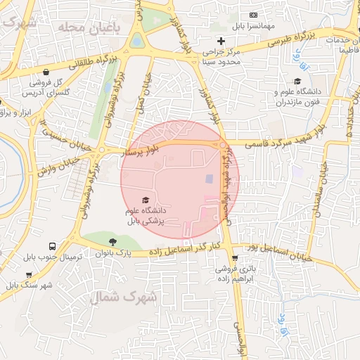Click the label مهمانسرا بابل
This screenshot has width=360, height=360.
point(253,26)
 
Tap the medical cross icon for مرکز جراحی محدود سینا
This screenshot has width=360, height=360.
point(221,40)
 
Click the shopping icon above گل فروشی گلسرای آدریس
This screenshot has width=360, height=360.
point(46,72)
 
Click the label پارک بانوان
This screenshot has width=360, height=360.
point(114,252)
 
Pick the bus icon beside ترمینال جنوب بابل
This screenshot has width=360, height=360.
point(53,246)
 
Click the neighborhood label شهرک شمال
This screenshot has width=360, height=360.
point(134,298)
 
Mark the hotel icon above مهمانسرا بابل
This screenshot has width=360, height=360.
point(254,15)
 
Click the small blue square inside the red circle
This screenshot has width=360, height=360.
point(209,179)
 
